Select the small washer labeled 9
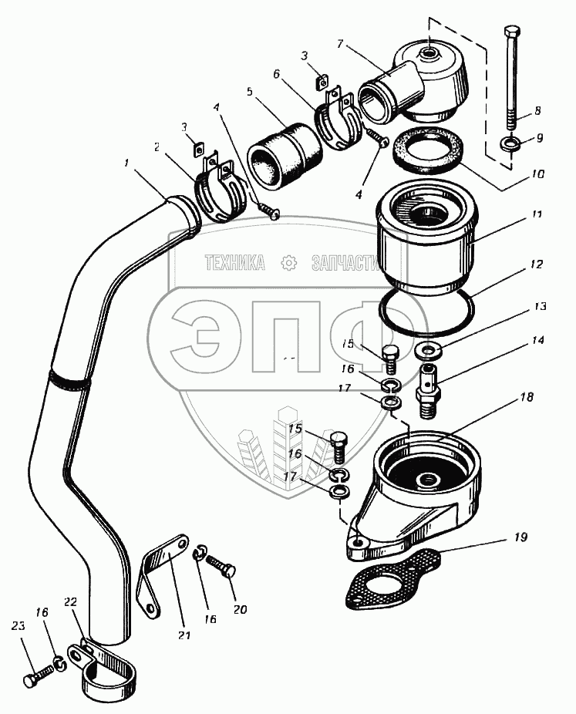tap(509, 143)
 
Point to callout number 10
tap(537, 176)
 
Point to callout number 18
tap(527, 398)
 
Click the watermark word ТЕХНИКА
tap(234, 264)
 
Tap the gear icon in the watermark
tap(290, 263)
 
